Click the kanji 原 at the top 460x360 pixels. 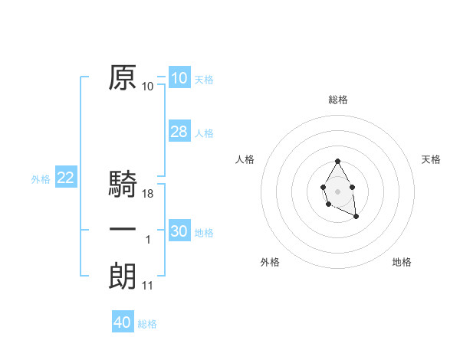point(123,79)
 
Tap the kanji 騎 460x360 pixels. point(123,185)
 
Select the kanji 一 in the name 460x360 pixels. point(123,231)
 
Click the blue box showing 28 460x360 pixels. point(179,132)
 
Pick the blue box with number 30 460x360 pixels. point(179,231)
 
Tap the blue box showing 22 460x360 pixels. point(65,178)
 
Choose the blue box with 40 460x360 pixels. point(123,322)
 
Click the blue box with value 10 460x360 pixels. point(179,78)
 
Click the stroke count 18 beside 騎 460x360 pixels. point(148,194)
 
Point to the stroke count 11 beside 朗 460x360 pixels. point(148,286)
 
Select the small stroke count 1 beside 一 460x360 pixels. point(148,240)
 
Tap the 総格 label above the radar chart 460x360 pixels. point(338,100)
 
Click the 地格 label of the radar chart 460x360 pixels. point(402,262)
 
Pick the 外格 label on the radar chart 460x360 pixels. point(270,262)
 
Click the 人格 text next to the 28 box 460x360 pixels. point(204,133)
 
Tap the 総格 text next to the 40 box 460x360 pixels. point(147,324)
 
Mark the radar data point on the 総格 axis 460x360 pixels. point(337,161)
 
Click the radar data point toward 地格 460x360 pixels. point(356,218)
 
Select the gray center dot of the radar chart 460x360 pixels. point(337,191)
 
